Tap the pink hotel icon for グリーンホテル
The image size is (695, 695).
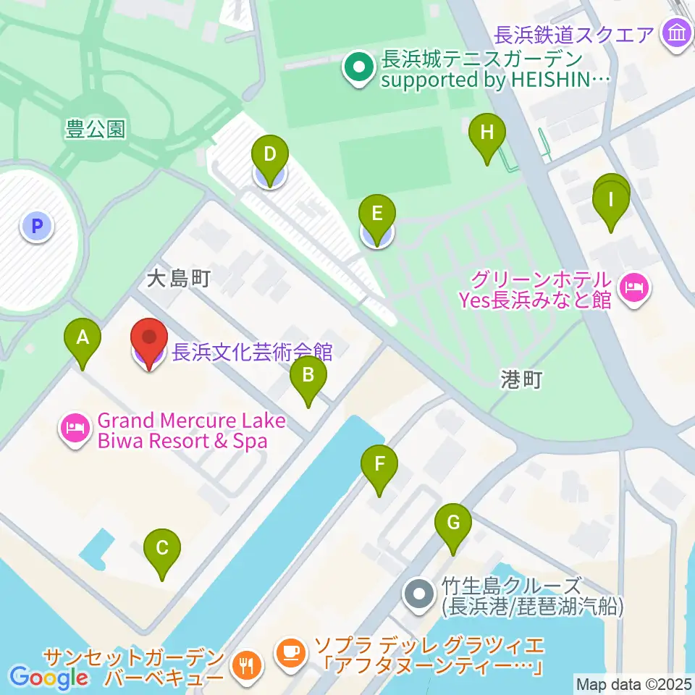click(x=635, y=289)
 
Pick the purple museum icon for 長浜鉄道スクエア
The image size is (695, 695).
click(x=678, y=34)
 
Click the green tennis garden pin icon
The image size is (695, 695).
click(x=358, y=69)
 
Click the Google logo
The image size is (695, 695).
click(x=49, y=677)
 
